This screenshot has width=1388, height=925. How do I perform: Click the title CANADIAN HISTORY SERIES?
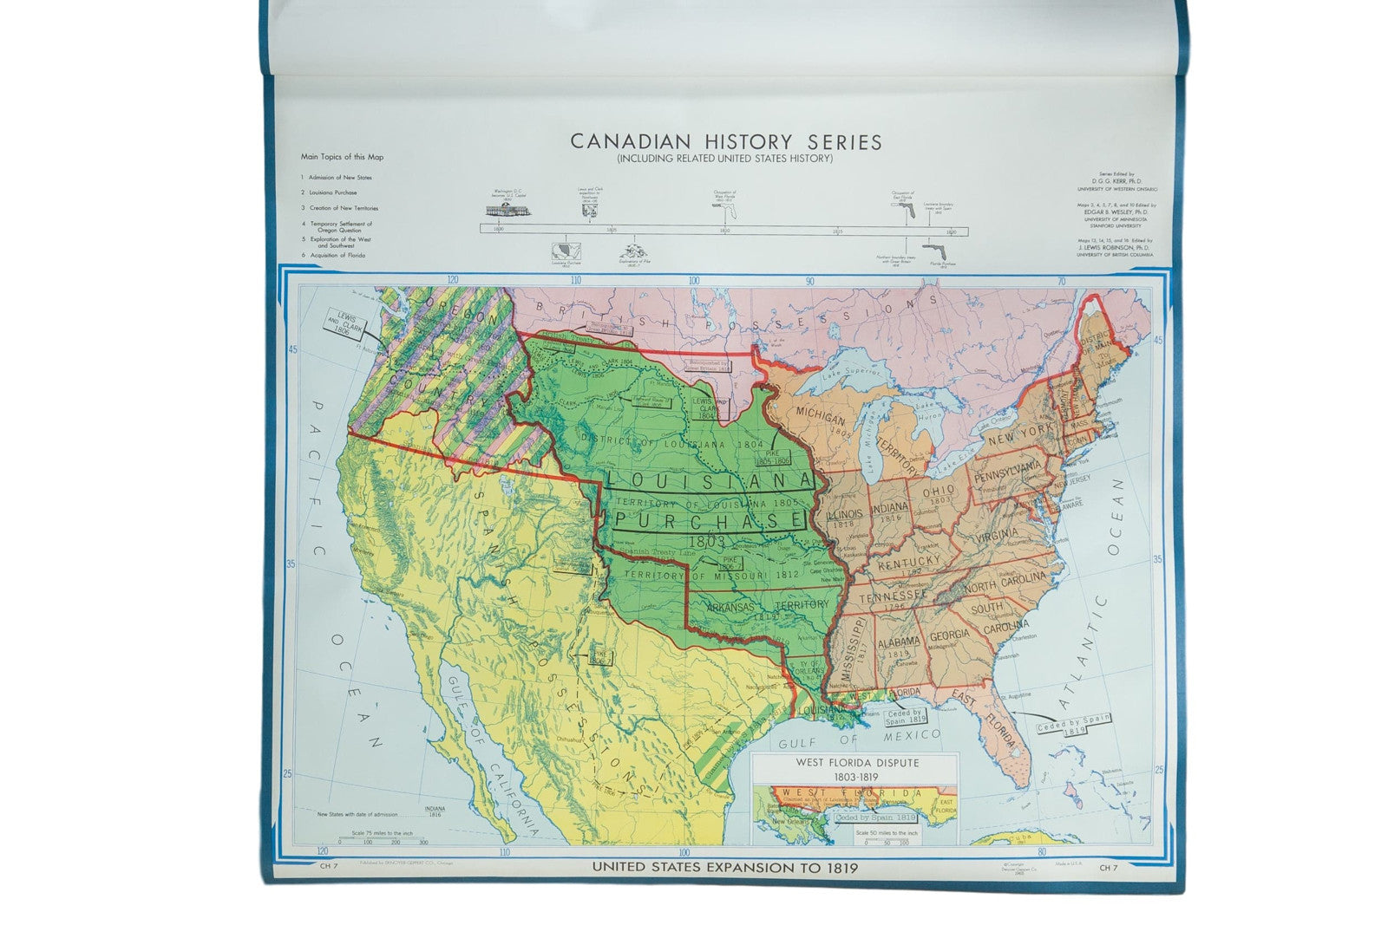[x=725, y=142]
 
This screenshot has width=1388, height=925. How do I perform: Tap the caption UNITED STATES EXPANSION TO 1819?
[x=724, y=867]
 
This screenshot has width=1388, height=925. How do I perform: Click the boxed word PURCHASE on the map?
[x=709, y=519]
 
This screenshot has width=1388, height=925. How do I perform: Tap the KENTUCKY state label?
[x=908, y=562]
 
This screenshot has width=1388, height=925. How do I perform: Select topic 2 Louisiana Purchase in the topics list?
[x=332, y=192]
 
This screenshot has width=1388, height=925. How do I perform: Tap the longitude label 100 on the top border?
[x=693, y=281]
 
